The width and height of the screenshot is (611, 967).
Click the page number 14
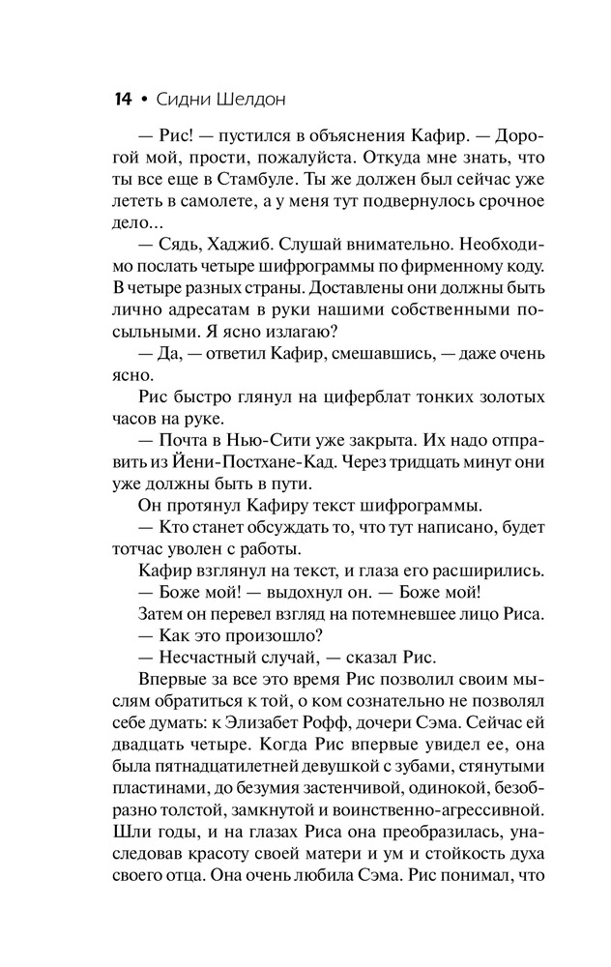pyautogui.click(x=121, y=100)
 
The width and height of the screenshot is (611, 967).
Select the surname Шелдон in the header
pyautogui.click(x=253, y=100)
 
